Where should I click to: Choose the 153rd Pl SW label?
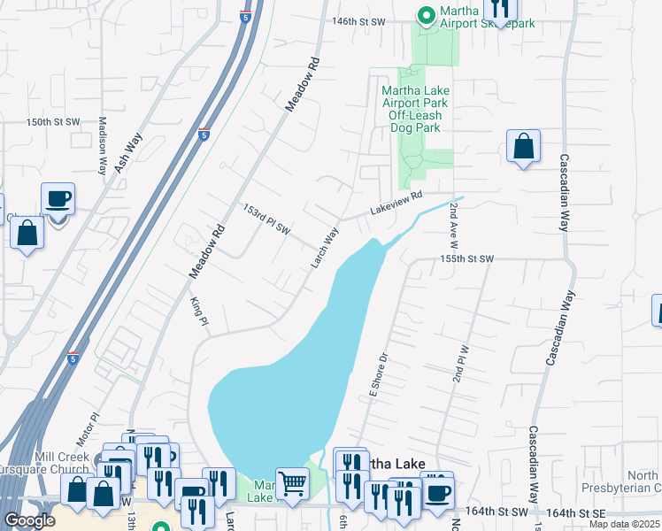point(267,219)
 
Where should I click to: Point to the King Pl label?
point(200,311)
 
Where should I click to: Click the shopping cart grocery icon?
point(292,483)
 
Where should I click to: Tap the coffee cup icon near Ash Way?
point(58,198)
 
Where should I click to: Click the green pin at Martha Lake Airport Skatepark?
point(426,14)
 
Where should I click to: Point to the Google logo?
point(30,520)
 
